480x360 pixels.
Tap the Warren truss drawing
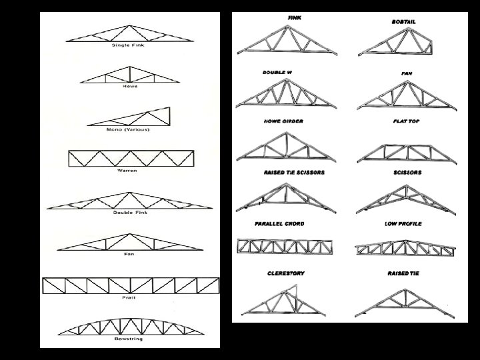pos(131,159)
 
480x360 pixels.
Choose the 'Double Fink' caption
pos(130,213)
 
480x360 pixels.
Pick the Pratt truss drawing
pos(131,285)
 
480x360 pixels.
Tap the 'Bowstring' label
pos(130,339)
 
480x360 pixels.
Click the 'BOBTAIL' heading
pos(403,21)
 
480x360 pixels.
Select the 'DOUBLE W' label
pos(277,71)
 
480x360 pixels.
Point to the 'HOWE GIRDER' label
pos(283,121)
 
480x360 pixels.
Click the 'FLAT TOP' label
pos(406,121)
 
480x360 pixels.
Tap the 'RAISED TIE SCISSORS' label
pos(294,173)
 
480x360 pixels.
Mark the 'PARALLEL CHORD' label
pos(285,223)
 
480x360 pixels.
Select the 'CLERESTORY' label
pos(285,273)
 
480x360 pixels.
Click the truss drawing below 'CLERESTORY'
pos(283,299)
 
